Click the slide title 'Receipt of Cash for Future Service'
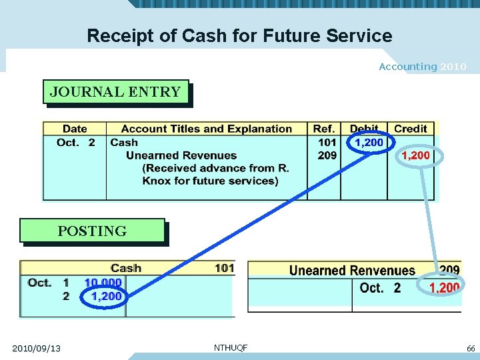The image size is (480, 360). point(239,35)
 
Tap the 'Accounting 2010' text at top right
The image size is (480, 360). point(422,67)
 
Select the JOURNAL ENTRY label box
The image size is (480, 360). point(115,92)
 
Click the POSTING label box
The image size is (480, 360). point(92,231)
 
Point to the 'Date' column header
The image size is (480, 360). point(75,129)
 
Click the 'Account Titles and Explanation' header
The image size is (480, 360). point(207,129)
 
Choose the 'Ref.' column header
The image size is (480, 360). point(325,129)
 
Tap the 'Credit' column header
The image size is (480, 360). point(410,129)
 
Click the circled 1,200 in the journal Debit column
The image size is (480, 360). point(369,142)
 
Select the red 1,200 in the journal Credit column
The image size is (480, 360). point(415,155)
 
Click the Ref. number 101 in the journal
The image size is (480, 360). point(327,142)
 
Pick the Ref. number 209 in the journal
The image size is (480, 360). point(327,155)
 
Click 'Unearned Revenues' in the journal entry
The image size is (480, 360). point(181,155)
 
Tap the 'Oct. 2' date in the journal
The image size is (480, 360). point(76,142)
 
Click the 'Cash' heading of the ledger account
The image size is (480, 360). point(126,268)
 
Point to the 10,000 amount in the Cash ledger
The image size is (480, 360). point(103,283)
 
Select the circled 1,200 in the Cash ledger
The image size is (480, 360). point(106,296)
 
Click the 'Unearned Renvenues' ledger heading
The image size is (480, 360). point(352,271)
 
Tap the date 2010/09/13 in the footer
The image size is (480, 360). point(36,349)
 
